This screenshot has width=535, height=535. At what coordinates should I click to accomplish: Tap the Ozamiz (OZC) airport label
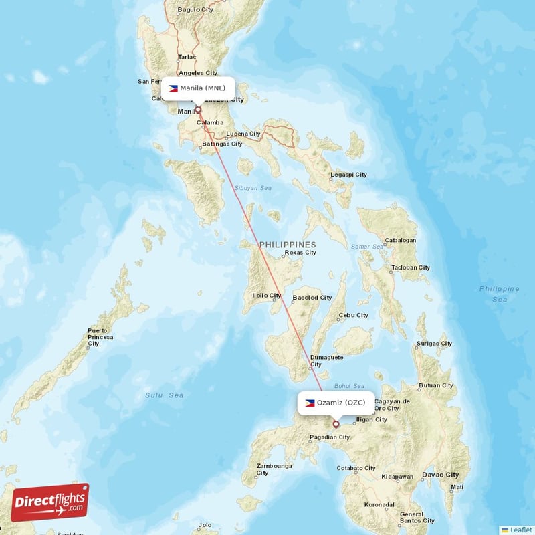pos(336,403)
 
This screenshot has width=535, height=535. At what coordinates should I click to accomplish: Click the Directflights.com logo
pos(50,502)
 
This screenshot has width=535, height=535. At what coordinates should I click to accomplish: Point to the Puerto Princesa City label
pos(100,337)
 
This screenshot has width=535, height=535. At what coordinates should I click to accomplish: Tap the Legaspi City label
pos(348,175)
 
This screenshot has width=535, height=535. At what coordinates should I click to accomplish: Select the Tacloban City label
pos(411,267)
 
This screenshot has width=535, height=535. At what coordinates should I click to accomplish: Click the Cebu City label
pos(353,315)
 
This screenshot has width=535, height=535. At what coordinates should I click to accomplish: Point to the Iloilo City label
pos(266,295)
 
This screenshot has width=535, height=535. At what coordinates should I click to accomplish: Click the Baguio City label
pos(195,10)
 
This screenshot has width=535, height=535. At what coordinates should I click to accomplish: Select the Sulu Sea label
pos(165,395)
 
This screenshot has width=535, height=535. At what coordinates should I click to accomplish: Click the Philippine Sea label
pos(499,294)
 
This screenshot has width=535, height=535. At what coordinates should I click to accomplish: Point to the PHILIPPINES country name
pos(288,245)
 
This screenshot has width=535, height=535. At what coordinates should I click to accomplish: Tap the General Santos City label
pos(416,517)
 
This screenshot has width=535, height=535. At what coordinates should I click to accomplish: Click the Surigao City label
pos(434,344)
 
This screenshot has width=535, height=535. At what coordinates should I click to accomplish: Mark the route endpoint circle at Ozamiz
pos(336,423)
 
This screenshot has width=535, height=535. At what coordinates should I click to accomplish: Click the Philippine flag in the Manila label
pos(173,88)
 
